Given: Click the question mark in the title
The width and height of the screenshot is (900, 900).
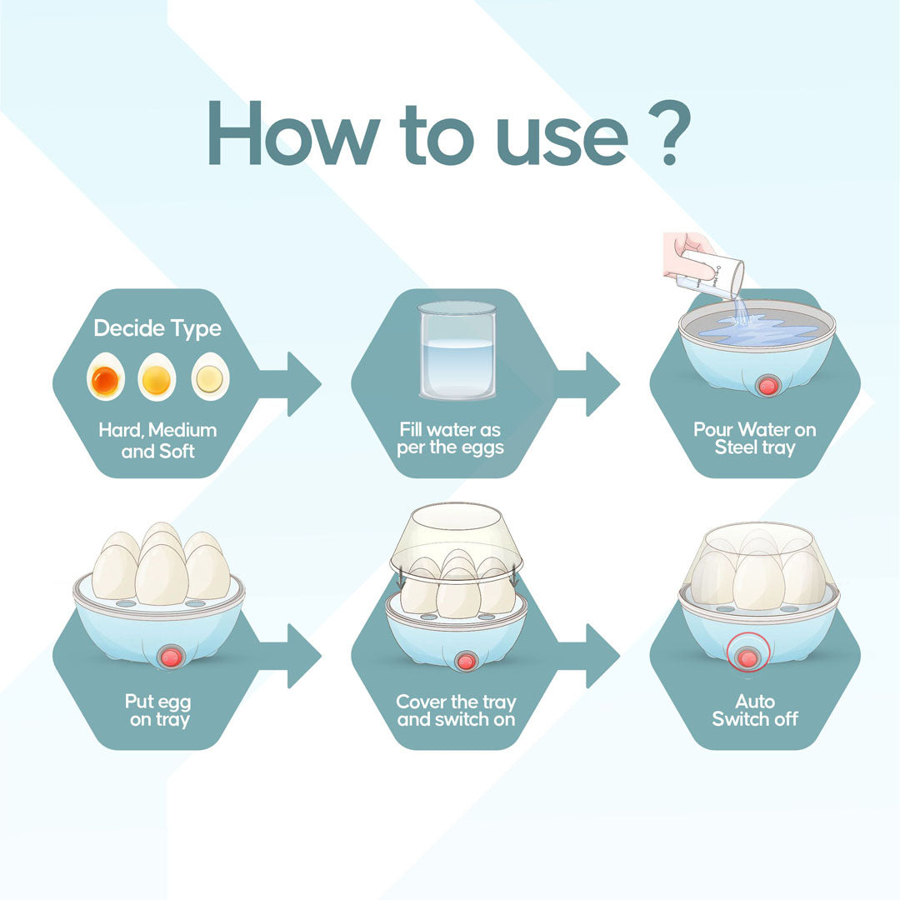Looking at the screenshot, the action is (669, 132).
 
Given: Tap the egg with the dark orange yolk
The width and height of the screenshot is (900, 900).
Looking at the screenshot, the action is (106, 377).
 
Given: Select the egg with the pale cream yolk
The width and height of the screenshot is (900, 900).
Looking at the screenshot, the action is (210, 377).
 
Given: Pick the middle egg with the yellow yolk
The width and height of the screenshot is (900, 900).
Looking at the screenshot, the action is (157, 377).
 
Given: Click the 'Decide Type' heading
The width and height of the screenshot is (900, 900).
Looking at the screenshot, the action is (157, 328).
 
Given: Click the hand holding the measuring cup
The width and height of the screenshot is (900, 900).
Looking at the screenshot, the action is (689, 257).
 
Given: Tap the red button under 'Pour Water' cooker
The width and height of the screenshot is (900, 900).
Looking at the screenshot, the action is (767, 385).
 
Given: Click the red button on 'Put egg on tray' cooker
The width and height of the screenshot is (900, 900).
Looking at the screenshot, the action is (171, 657).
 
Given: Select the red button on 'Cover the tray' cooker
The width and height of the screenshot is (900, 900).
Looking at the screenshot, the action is (466, 661).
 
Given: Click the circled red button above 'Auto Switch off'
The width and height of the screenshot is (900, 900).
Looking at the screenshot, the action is (747, 652).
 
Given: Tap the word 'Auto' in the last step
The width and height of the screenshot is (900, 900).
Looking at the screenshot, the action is (755, 702).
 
